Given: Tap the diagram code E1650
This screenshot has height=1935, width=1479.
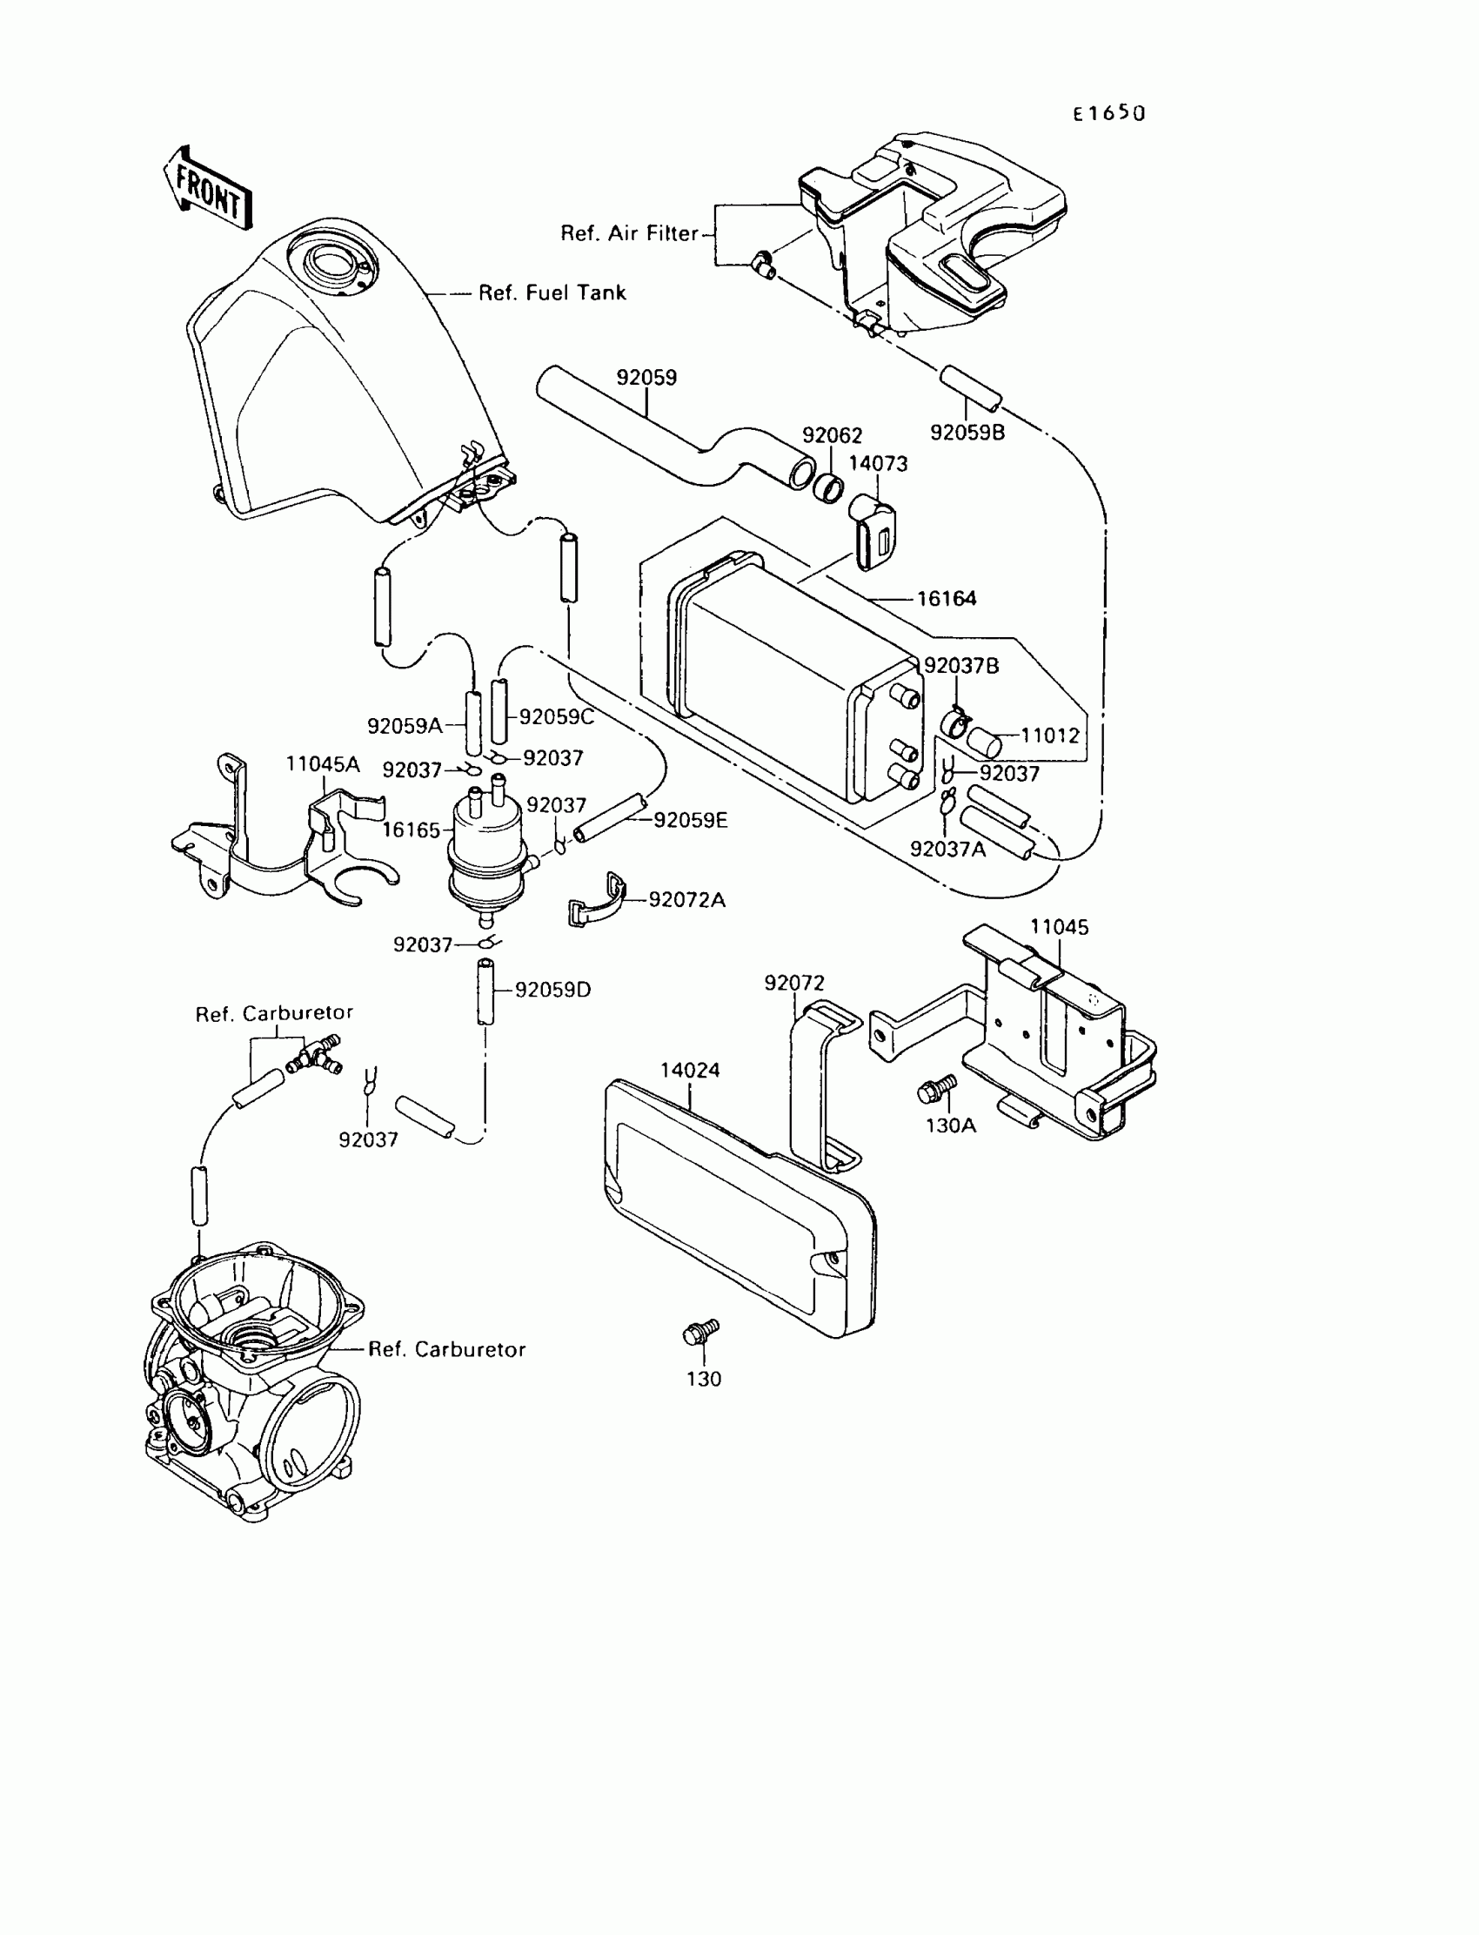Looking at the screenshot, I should tap(1109, 114).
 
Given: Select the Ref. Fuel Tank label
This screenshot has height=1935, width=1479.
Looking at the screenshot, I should tap(552, 293).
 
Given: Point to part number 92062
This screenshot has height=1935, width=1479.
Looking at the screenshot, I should tap(832, 435).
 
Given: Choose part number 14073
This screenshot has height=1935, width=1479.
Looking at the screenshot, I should tap(878, 463).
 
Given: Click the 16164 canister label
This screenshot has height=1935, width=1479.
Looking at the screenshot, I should tap(947, 599).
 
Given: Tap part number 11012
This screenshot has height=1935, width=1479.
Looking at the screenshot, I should tap(1049, 736).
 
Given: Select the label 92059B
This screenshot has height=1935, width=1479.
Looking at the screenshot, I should tap(967, 433).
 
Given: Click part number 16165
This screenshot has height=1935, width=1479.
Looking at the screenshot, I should tap(412, 830).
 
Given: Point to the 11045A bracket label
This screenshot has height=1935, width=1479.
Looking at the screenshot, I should tap(322, 764).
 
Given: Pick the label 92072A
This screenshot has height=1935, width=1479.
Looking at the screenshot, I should tap(686, 899).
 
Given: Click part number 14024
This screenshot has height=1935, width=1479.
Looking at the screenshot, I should tap(690, 1070).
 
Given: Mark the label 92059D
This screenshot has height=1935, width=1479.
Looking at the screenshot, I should tap(552, 990).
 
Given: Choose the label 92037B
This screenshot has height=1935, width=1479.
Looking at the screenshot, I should tap(961, 666).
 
